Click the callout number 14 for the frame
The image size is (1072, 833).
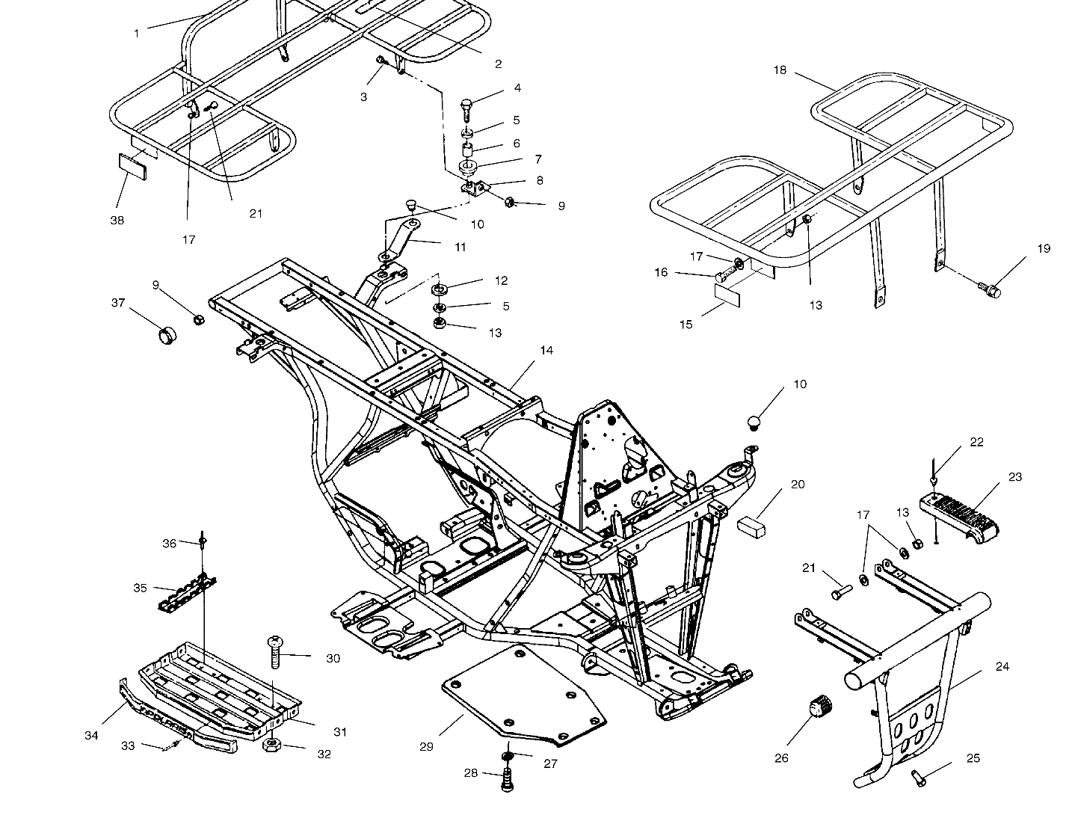(547, 350)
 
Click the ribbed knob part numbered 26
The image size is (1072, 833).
(821, 706)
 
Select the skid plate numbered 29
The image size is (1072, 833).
(523, 695)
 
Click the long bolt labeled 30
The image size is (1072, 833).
(274, 654)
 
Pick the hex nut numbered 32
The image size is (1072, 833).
(272, 746)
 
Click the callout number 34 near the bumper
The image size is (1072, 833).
(91, 737)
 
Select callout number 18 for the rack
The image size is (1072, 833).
(780, 70)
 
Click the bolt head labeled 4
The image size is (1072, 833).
(466, 107)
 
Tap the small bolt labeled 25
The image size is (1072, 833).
(919, 778)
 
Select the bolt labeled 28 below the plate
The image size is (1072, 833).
(508, 781)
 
